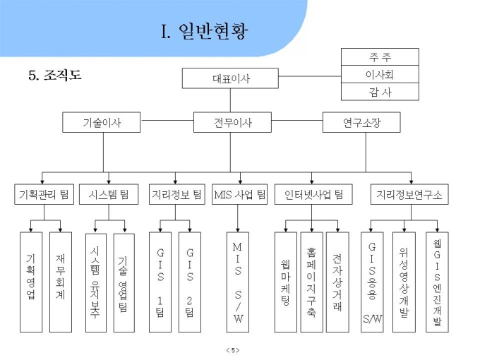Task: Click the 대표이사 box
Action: (x=230, y=78)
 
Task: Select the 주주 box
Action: (x=380, y=57)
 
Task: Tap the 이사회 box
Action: (x=380, y=74)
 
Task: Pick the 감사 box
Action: (x=380, y=92)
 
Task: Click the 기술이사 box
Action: (x=102, y=122)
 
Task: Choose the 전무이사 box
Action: (x=232, y=122)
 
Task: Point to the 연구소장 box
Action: (x=361, y=122)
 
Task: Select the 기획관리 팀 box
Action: (x=44, y=194)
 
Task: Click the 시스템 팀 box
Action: (x=109, y=194)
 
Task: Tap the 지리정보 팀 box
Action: (x=177, y=194)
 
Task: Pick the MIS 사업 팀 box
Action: (x=240, y=194)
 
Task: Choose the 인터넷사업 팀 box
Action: (x=313, y=194)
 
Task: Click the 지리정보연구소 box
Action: (x=409, y=194)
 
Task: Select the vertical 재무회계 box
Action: (x=61, y=282)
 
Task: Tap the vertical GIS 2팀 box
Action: (x=190, y=282)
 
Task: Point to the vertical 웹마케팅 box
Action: (x=286, y=282)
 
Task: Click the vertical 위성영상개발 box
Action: (x=404, y=282)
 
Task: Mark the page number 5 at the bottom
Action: (x=233, y=350)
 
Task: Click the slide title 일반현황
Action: (x=213, y=31)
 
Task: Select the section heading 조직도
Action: (x=62, y=75)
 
